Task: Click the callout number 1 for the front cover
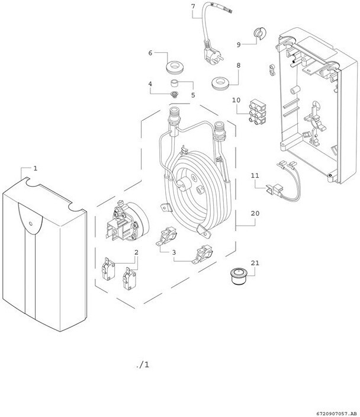pyautogui.click(x=36, y=168)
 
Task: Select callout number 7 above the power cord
pyautogui.click(x=192, y=7)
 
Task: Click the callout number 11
pyautogui.click(x=255, y=176)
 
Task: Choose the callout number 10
pyautogui.click(x=236, y=100)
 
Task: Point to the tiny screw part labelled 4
pyautogui.click(x=174, y=94)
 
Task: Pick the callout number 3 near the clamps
pyautogui.click(x=174, y=252)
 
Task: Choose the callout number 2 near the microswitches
pyautogui.click(x=136, y=252)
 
